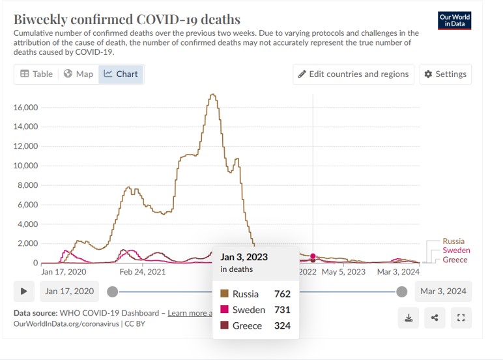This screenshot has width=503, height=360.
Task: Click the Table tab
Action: (x=36, y=74)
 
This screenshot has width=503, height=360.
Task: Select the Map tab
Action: (x=78, y=74)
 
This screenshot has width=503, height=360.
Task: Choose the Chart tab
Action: (x=121, y=74)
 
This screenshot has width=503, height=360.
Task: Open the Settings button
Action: (x=445, y=74)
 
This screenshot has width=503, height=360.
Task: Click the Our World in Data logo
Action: (x=455, y=20)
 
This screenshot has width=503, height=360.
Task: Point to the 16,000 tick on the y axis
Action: (x=25, y=107)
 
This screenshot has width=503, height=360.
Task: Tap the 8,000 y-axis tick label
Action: (x=27, y=185)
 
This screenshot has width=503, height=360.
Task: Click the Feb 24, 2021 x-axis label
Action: (x=141, y=272)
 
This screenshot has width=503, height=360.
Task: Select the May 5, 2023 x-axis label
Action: (x=343, y=272)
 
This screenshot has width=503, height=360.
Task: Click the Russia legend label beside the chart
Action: (x=453, y=241)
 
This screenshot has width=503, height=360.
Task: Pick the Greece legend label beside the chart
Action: (x=455, y=260)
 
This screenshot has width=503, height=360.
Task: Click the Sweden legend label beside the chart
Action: (x=456, y=250)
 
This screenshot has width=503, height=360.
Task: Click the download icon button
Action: (x=409, y=318)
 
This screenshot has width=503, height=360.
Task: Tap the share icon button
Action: (x=435, y=318)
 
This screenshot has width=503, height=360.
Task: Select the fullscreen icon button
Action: (x=461, y=318)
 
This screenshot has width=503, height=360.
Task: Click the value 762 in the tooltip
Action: (x=282, y=294)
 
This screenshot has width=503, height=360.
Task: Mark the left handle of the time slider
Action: (x=113, y=292)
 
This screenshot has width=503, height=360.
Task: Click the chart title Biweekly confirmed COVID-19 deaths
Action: (x=127, y=20)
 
